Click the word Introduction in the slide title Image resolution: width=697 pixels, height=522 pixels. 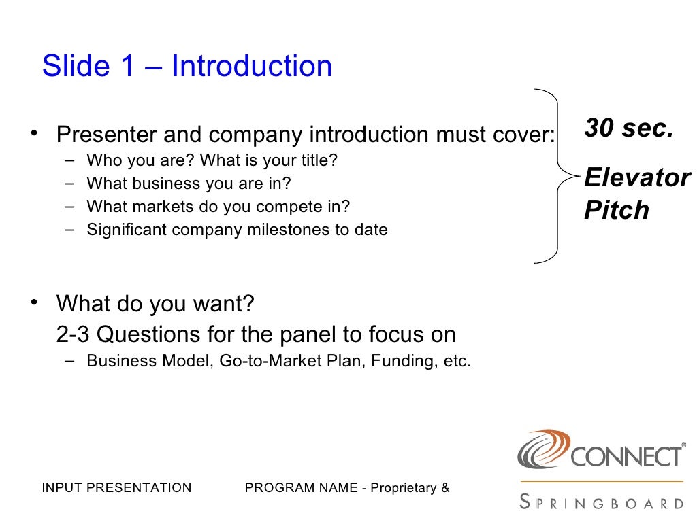[252, 67]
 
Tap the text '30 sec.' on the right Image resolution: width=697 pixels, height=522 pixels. [628, 128]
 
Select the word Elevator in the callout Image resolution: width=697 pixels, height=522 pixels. [636, 178]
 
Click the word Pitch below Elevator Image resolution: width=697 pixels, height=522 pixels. [617, 211]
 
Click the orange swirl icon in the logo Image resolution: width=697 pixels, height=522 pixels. [542, 448]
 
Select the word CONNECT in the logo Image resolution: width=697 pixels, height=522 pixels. [625, 456]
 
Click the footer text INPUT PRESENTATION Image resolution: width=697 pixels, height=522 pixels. [116, 488]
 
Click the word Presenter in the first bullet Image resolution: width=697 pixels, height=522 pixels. [108, 135]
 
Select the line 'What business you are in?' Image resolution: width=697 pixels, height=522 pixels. [189, 184]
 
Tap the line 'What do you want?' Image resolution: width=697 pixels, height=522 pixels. [155, 303]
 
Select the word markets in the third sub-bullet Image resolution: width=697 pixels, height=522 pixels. [152, 207]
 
